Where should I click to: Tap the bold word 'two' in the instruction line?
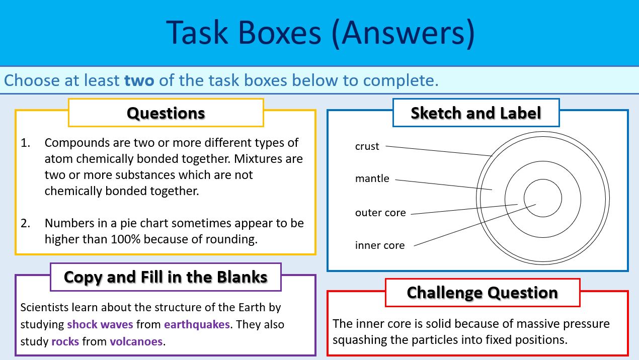pos(139,80)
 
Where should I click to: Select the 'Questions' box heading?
pos(166,113)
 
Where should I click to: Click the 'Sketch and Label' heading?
pos(475,113)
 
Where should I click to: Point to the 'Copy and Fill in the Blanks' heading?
pos(166,277)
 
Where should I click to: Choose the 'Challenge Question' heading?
pos(482,293)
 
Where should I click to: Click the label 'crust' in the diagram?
pos(367,146)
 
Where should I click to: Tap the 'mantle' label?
pos(372,178)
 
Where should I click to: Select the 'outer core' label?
pos(380,213)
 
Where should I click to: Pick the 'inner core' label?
pos(379,245)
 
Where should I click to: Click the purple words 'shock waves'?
pos(100,324)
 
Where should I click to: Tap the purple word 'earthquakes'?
pos(197,324)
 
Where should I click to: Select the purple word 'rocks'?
pos(65,342)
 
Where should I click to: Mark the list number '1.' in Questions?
pos(26,143)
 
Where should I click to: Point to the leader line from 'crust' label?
pos(438,151)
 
